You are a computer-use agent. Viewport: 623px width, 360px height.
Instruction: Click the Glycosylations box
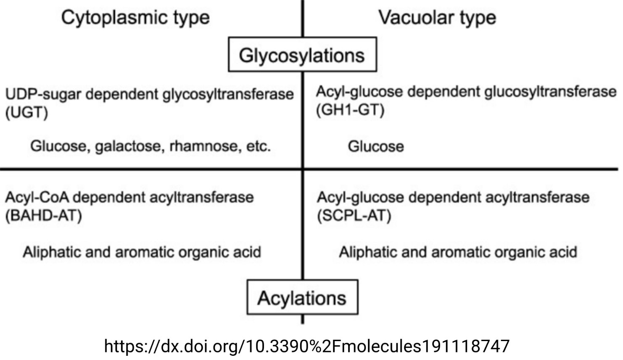click(x=302, y=55)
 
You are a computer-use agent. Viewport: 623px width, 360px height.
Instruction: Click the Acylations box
click(x=302, y=298)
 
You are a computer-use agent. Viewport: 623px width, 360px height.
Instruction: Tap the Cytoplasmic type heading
click(x=135, y=18)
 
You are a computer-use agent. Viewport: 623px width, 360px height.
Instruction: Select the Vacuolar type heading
click(x=437, y=18)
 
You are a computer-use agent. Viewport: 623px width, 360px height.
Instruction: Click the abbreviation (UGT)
click(x=26, y=113)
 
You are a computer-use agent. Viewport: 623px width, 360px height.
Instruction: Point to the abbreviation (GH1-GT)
click(x=350, y=110)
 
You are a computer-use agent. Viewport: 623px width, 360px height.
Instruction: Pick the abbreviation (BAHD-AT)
click(x=43, y=216)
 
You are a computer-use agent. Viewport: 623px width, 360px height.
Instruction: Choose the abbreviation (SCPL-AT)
click(x=354, y=216)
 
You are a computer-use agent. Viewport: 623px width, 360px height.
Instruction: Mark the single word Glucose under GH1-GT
click(x=375, y=146)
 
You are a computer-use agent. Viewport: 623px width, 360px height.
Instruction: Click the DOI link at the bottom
click(x=306, y=346)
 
